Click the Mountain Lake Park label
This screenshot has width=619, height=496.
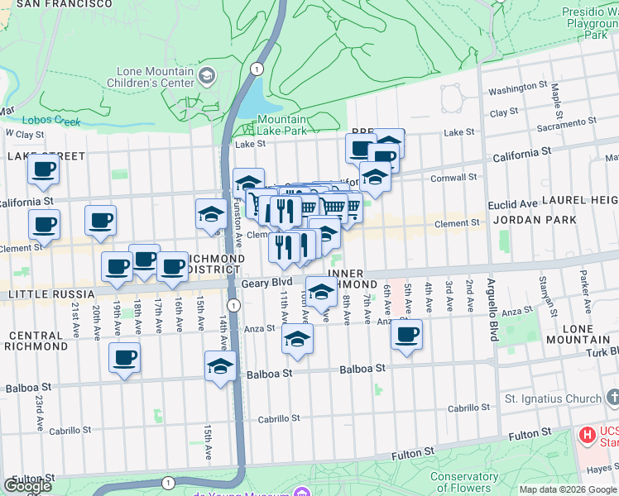pyautogui.click(x=281, y=125)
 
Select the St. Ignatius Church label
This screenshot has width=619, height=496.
pyautogui.click(x=554, y=398)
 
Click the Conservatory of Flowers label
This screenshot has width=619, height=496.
pyautogui.click(x=464, y=481)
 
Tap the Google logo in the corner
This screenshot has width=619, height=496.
pyautogui.click(x=27, y=486)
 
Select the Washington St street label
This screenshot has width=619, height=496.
pyautogui.click(x=518, y=89)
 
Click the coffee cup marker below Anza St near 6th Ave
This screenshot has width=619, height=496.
pyautogui.click(x=406, y=335)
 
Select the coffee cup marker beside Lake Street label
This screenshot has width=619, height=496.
pyautogui.click(x=43, y=170)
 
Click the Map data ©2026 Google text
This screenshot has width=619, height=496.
pyautogui.click(x=567, y=489)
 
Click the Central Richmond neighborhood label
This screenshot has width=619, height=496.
pyautogui.click(x=39, y=341)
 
